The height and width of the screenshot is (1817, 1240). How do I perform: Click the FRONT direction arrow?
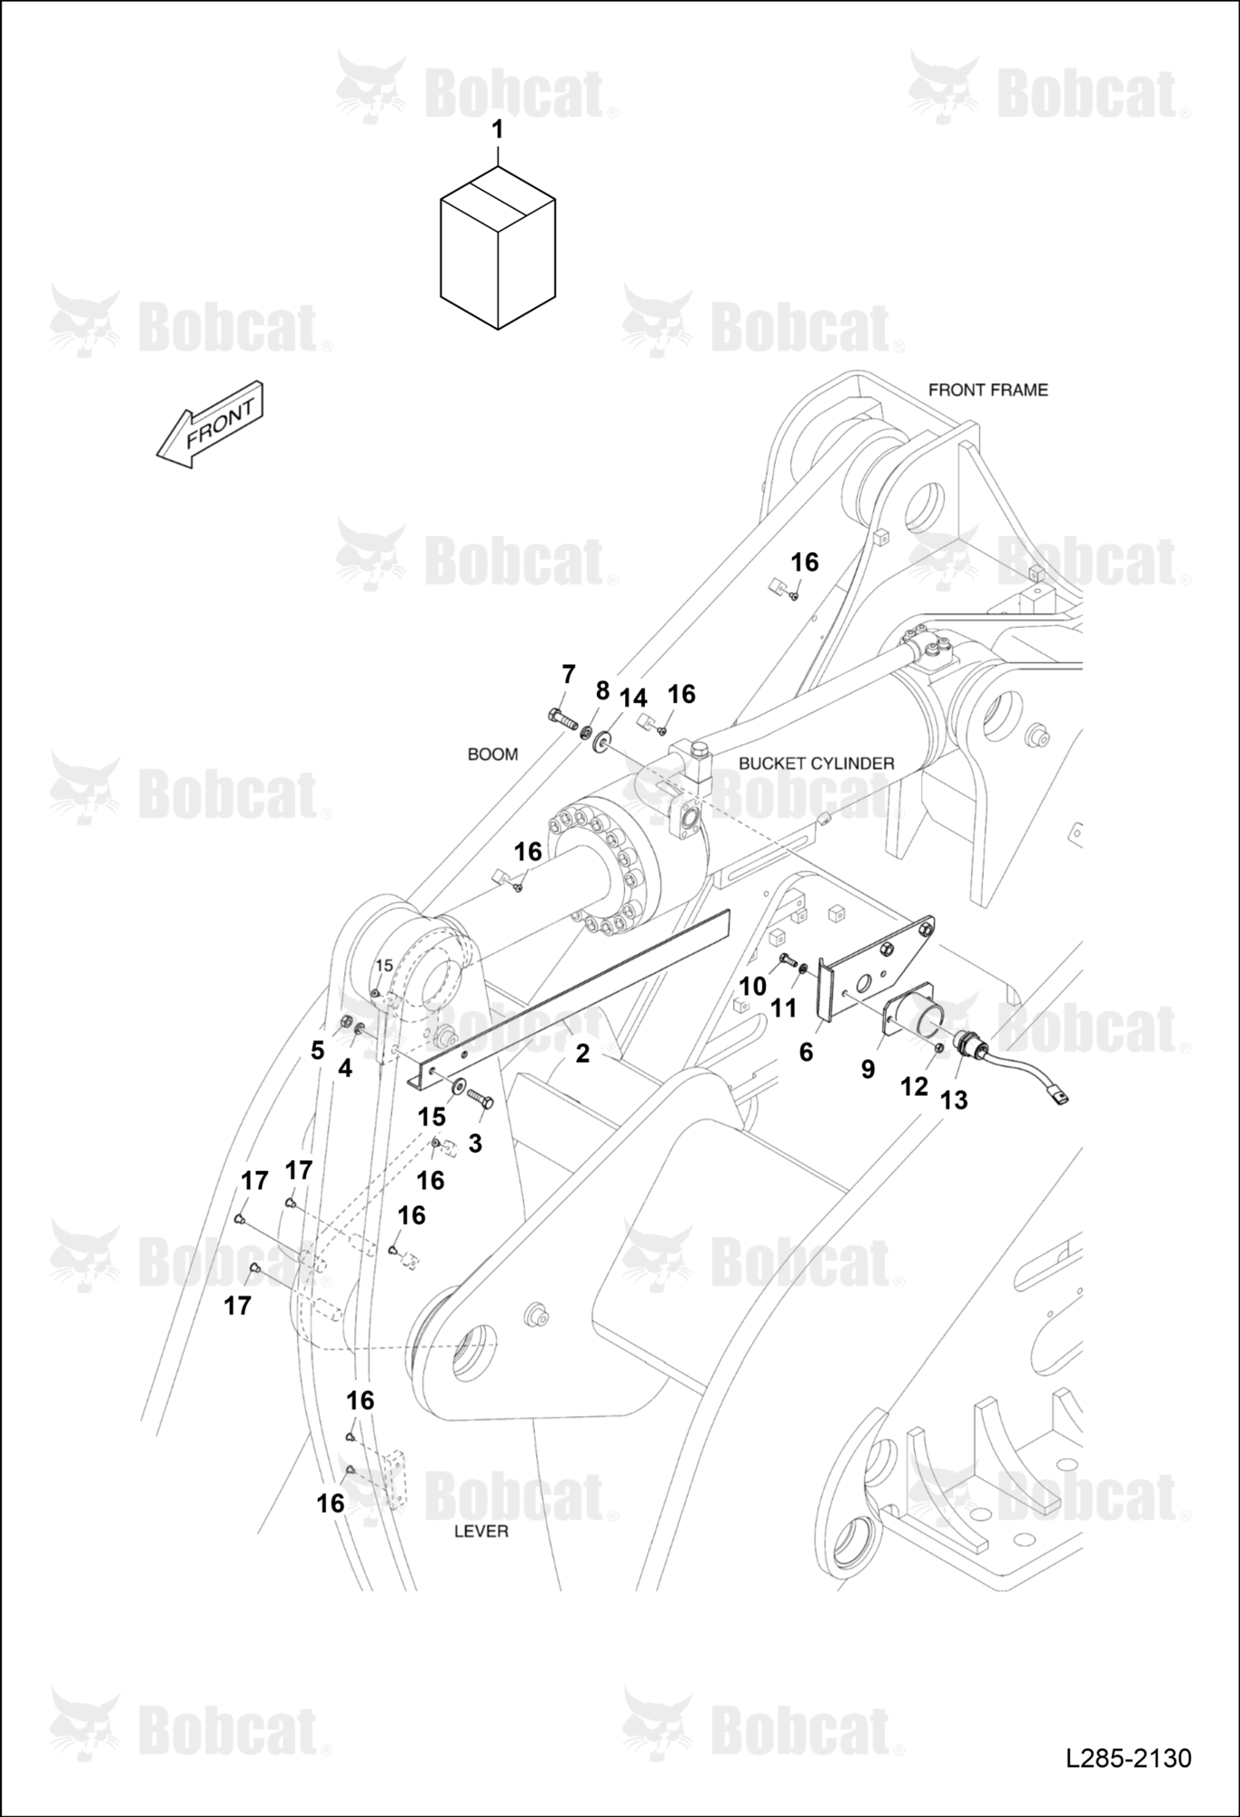pos(210,424)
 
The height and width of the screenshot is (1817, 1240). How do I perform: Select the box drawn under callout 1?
pos(497,247)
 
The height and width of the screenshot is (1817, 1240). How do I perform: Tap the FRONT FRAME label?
pos(987,390)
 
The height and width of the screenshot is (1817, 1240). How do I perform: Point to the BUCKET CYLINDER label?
pos(816,763)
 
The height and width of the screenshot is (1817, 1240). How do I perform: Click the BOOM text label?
pos(492,754)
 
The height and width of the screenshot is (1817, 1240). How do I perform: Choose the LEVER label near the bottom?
pos(481,1531)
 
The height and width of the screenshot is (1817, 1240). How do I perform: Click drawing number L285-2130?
pos(1128,1758)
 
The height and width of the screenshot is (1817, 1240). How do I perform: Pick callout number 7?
pos(569,674)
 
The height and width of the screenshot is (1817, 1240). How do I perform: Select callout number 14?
pos(633,698)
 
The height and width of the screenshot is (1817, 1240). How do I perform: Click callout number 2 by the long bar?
pos(582,1053)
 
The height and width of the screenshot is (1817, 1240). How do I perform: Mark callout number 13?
pos(954,1100)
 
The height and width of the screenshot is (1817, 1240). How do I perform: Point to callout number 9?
pos(868,1070)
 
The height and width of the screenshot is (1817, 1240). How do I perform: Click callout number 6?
pos(806,1052)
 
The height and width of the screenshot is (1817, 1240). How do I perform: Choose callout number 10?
pos(752,986)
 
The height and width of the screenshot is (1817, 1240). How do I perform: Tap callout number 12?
pos(914,1087)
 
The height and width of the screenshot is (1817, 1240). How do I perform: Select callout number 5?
pos(317,1050)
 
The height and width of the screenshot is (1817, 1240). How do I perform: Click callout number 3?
pos(475,1144)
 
